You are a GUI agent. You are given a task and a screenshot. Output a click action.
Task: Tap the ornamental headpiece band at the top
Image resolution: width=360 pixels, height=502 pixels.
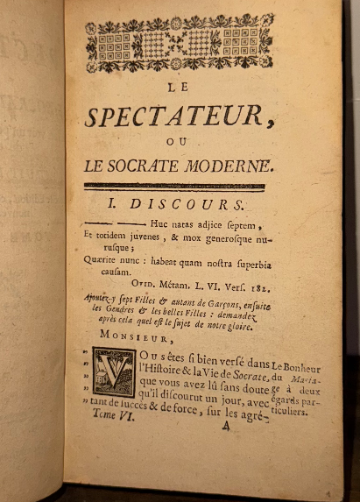180,43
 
